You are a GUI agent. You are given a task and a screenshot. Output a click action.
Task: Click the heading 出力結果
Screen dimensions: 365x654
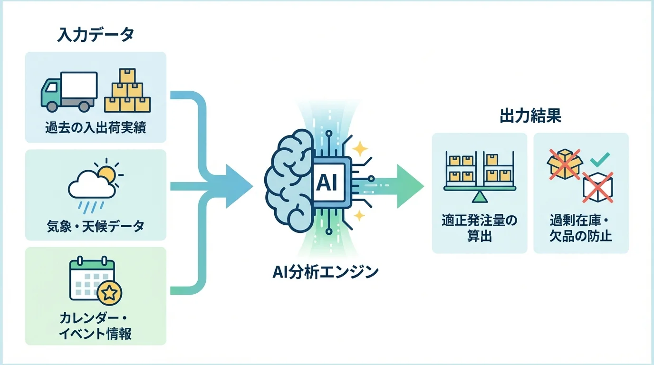(x=530, y=116)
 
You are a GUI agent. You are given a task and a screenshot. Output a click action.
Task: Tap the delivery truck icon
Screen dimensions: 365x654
(x=69, y=91)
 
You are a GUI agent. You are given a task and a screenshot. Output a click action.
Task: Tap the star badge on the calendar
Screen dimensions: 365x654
(x=109, y=293)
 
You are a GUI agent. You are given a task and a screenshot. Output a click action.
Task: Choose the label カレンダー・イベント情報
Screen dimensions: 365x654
(x=96, y=326)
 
